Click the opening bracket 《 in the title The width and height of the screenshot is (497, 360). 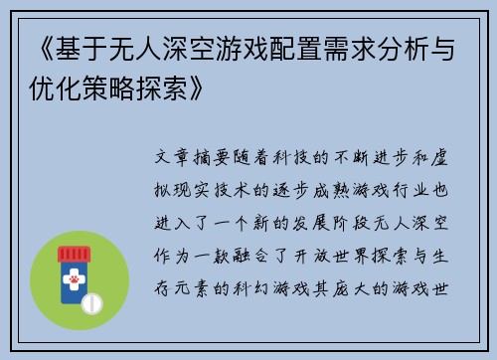pos(31,47)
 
